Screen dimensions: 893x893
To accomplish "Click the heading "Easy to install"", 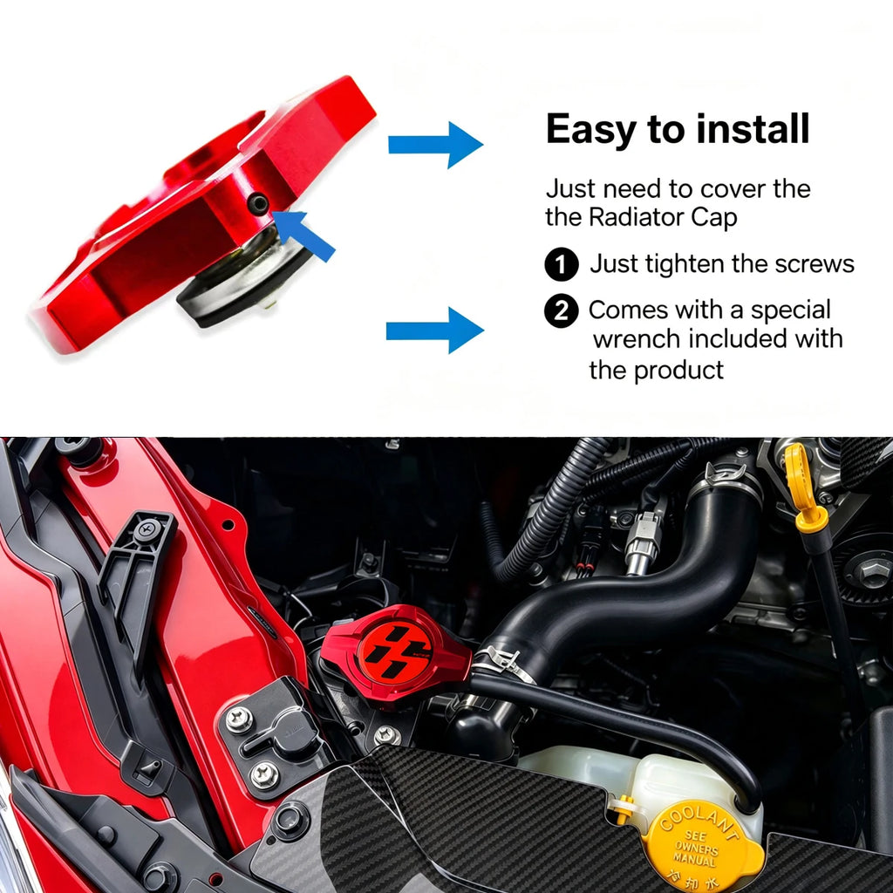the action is pos(677,129).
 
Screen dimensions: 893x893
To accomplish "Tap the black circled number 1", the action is pos(562,264).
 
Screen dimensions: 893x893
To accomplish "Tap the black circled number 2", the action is pos(562,311).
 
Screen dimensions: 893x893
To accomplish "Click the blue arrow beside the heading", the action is pos(436,145).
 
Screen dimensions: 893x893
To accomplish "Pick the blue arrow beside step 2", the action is pos(435,331).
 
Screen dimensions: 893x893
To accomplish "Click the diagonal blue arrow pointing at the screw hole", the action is pos(303,234).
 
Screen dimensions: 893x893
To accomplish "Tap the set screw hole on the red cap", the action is pos(258,203).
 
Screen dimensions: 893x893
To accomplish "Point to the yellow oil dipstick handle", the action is pos(803,490).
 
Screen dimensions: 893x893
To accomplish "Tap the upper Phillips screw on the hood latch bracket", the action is pos(239,719).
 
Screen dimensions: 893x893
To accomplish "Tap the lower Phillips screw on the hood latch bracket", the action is pos(265,774).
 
